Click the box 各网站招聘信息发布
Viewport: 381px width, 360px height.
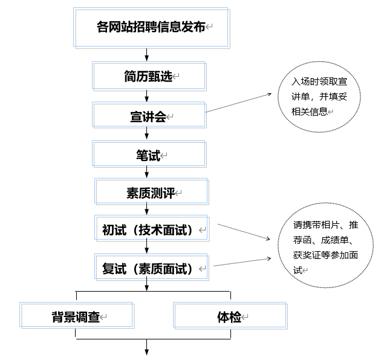click(x=151, y=27)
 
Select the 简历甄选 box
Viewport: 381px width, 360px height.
click(x=149, y=76)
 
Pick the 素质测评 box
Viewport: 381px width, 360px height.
click(x=151, y=193)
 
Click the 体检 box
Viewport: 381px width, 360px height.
click(x=230, y=317)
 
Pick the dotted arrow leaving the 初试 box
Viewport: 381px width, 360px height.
click(x=242, y=232)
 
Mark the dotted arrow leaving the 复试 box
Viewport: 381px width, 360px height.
click(x=242, y=262)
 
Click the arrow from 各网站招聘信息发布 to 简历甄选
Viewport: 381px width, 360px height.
click(x=147, y=54)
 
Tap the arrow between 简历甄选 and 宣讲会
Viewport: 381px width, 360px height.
click(x=147, y=96)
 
